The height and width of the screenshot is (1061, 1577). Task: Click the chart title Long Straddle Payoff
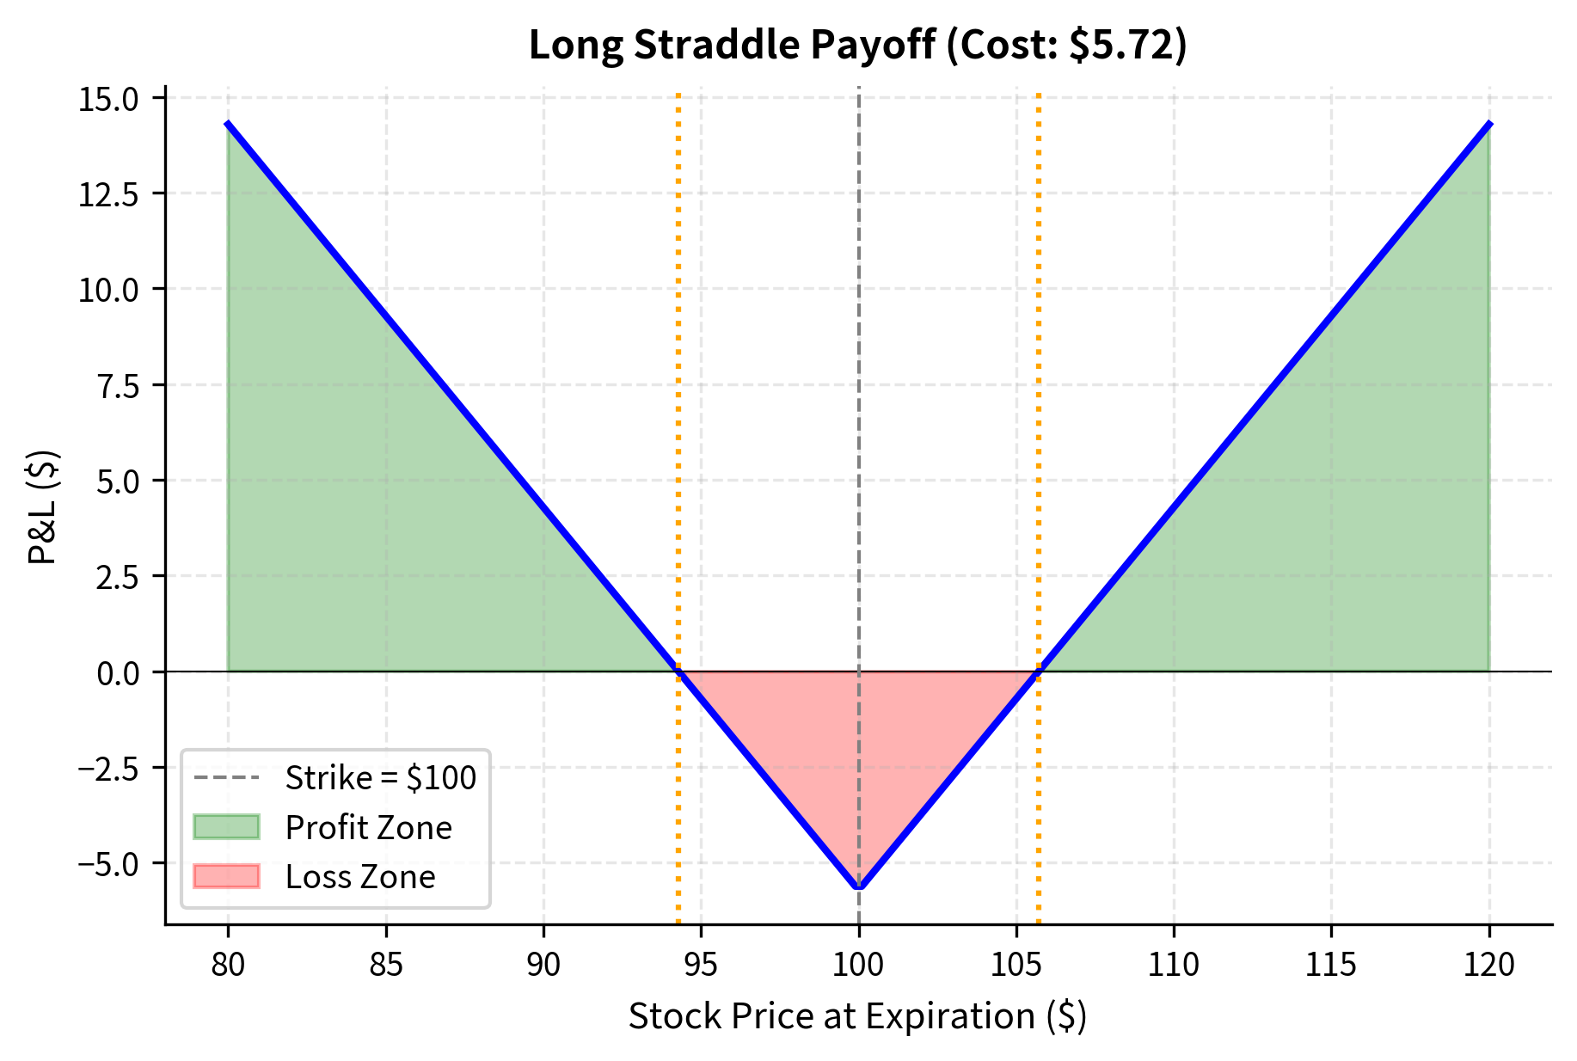coord(731,45)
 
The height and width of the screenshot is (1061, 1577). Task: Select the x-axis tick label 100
coord(858,965)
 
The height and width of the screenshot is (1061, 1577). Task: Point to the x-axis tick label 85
coord(386,965)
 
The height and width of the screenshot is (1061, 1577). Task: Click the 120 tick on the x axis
coord(1488,965)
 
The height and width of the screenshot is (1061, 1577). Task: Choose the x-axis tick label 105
coord(1016,965)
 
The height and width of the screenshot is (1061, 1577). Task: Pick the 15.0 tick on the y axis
coord(108,100)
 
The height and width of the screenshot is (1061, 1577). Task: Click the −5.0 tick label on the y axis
coord(108,863)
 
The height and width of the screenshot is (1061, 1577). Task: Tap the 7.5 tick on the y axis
coord(120,386)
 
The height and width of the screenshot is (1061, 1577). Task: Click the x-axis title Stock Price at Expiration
coord(857,1016)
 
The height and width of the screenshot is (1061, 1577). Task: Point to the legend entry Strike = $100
coord(380,777)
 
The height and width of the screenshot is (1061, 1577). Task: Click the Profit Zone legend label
coord(368,827)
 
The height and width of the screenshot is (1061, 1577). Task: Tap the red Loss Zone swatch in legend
coord(226,876)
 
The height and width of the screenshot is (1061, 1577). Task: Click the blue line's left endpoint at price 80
coord(228,124)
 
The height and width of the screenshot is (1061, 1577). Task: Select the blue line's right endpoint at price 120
coord(1488,124)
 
